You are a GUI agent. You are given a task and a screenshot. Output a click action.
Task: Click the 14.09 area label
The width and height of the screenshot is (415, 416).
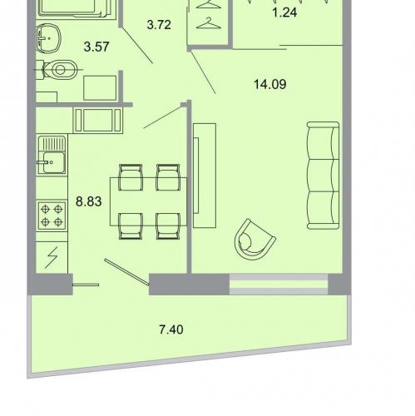coord(270,84)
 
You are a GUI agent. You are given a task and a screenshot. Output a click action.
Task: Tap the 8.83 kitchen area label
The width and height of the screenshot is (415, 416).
coord(89,201)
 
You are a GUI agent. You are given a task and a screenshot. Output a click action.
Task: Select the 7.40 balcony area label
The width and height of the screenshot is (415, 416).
coord(171,329)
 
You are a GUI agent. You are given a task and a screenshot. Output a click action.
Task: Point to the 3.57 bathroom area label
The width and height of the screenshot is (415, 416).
coord(96,47)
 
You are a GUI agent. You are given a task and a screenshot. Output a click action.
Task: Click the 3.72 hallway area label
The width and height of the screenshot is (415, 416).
coord(159,25)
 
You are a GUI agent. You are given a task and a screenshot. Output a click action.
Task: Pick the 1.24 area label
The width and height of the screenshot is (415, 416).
coord(284,12)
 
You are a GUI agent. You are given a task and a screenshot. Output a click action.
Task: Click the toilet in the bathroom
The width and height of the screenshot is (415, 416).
coord(59,70)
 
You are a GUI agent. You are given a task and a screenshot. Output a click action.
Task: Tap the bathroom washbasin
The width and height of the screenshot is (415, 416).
coord(48,38)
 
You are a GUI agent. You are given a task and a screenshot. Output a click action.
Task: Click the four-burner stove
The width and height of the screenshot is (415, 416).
coord(52,215)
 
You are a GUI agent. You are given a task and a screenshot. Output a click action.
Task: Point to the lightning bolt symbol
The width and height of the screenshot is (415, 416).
coord(52,257)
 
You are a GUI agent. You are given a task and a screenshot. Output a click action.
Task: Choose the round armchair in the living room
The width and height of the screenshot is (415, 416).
coord(254,240)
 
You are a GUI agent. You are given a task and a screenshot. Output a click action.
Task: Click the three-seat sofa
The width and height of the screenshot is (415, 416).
coord(324,176)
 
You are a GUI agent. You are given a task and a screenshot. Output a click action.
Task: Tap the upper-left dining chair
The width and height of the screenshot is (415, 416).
coord(131,177)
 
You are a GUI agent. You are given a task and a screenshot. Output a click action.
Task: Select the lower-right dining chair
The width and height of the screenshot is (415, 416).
coord(168,226)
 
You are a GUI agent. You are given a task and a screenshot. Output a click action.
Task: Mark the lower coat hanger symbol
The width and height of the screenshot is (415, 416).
coord(209,23)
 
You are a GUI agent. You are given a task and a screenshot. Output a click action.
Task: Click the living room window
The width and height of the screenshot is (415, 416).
coord(279,285)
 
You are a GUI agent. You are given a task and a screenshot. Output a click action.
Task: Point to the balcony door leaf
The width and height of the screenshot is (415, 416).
coord(127,272)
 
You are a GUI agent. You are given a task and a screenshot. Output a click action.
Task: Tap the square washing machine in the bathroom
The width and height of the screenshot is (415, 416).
coord(100,87)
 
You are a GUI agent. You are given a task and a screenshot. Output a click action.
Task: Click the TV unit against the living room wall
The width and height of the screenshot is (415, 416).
coord(205,176)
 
